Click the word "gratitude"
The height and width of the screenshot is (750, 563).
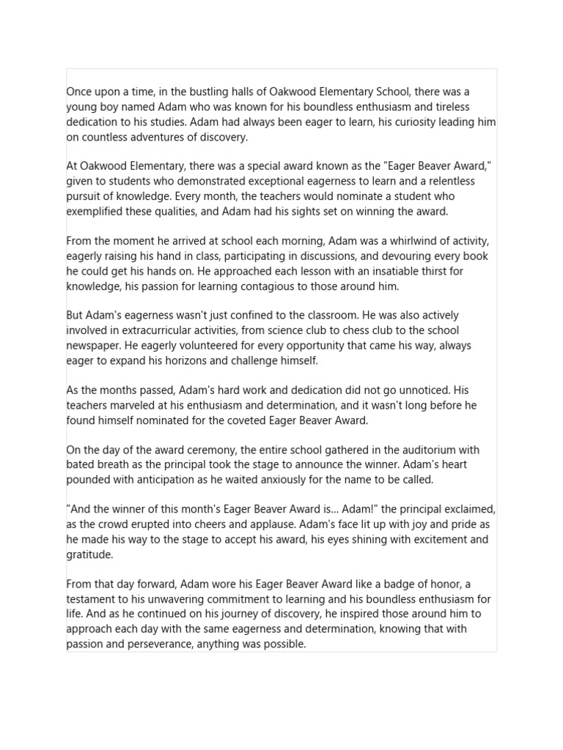[x=90, y=554]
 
